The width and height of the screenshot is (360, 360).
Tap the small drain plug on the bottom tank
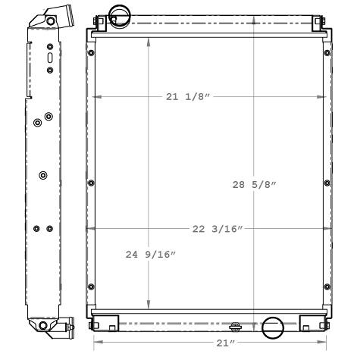click(235, 327)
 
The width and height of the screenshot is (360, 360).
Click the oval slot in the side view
click(50, 58)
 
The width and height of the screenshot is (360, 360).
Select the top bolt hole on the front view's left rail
click(91, 54)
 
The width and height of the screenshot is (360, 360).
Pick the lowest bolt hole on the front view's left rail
click(91, 285)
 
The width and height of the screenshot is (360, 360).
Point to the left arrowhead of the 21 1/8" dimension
click(95, 97)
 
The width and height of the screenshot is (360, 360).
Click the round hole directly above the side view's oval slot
click(50, 45)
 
